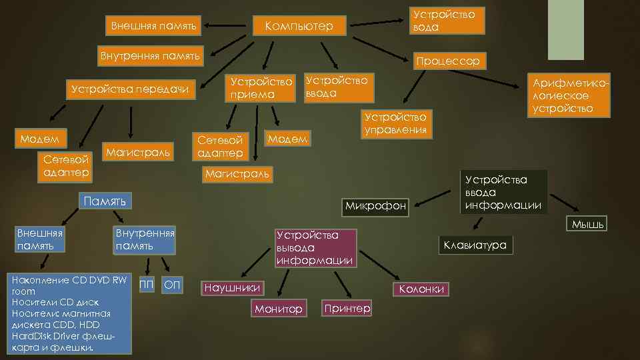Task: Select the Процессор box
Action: [x=448, y=61]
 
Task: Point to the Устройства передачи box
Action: [x=130, y=89]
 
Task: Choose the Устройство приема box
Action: [x=261, y=88]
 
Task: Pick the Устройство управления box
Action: [x=396, y=123]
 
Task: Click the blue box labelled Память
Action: [x=105, y=201]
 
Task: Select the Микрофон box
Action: [x=375, y=206]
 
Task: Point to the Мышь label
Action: [x=587, y=225]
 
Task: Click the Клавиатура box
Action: [x=475, y=245]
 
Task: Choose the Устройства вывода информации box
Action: [x=315, y=247]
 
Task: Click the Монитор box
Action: [x=279, y=309]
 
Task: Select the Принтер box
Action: [x=347, y=308]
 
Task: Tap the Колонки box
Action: [x=421, y=289]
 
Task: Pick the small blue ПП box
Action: [x=146, y=285]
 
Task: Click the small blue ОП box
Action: [x=172, y=285]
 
